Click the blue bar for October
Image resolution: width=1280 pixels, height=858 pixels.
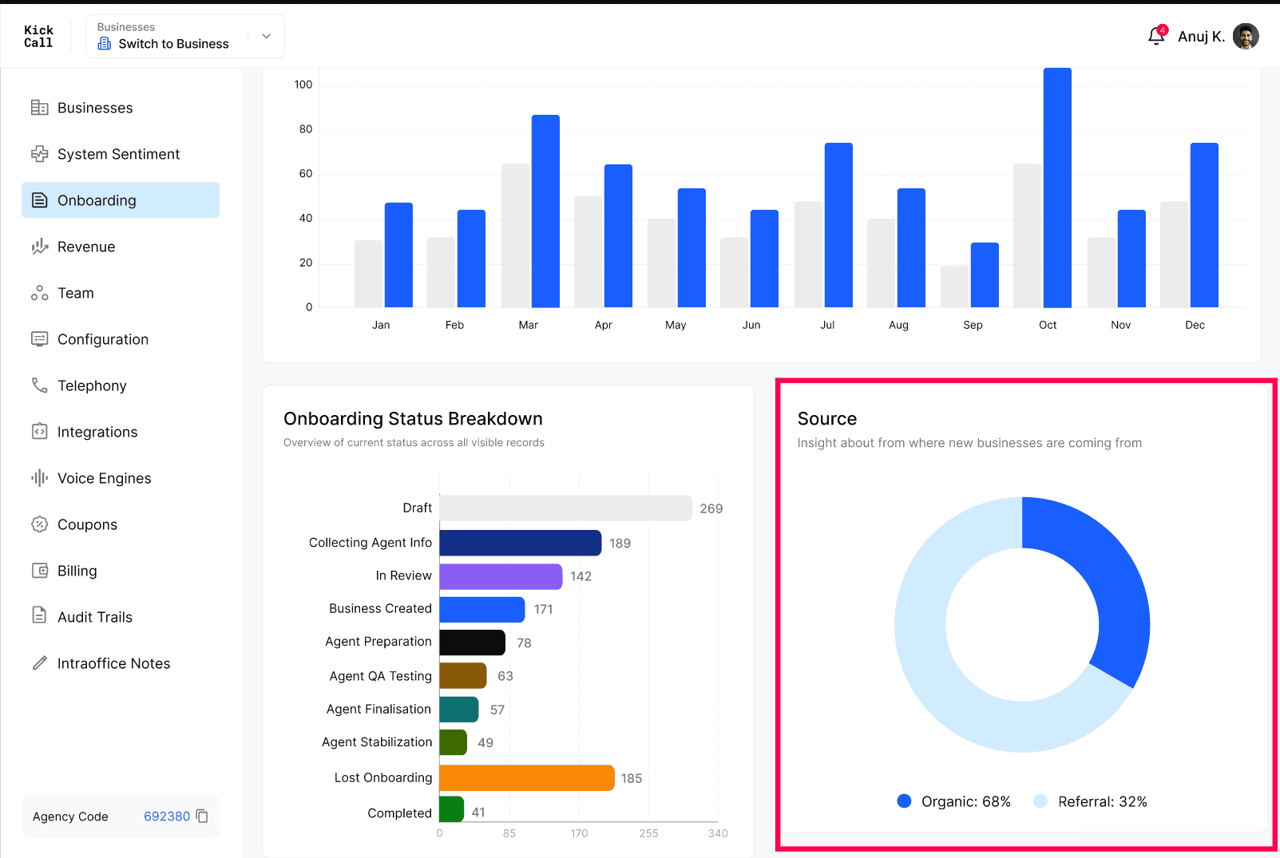[x=1057, y=188]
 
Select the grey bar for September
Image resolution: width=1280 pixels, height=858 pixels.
[x=955, y=287]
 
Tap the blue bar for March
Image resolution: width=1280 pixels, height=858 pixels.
[x=545, y=212]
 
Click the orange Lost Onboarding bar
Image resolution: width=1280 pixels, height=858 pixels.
[x=527, y=777]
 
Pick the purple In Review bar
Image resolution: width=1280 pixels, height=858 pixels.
[x=501, y=575]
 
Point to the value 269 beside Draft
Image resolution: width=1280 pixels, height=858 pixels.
[x=711, y=508]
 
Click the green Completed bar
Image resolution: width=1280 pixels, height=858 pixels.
[x=451, y=809]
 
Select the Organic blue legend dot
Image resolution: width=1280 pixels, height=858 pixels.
[x=904, y=801]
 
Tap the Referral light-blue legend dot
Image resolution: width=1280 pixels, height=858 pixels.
[x=1040, y=801]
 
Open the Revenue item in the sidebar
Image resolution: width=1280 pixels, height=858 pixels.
[x=86, y=247]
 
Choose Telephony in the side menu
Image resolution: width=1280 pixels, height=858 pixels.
[x=92, y=386]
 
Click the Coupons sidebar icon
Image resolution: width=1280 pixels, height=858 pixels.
[x=39, y=524]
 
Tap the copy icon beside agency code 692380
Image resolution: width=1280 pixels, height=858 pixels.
[x=202, y=816]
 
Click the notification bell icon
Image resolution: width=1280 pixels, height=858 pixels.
[x=1156, y=37]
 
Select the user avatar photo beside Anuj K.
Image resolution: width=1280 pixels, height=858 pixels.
[x=1246, y=37]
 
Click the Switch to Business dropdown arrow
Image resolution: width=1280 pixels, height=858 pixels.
[x=266, y=36]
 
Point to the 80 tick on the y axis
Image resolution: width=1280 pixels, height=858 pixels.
[x=306, y=129]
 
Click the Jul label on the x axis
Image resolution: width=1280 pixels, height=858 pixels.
[x=827, y=325]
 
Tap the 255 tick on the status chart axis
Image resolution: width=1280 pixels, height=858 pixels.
[x=648, y=833]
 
